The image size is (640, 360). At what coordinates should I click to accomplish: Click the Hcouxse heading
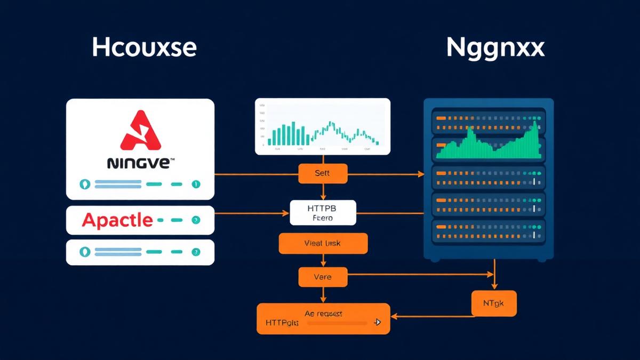click(144, 48)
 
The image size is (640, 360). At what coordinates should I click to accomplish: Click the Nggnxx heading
click(495, 48)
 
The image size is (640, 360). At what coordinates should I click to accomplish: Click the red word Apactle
click(117, 220)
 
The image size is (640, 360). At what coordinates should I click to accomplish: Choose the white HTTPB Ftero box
click(323, 212)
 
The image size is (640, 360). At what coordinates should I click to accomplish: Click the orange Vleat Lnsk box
click(323, 243)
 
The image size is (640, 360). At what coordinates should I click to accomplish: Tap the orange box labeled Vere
click(322, 277)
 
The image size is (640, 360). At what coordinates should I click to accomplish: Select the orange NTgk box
click(494, 303)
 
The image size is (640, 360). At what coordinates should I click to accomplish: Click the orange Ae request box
click(323, 318)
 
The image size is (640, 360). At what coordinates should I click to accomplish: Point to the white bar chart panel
click(322, 126)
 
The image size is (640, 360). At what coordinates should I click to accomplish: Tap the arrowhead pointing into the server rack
click(421, 174)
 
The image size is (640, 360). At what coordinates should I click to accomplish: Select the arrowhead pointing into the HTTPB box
click(286, 213)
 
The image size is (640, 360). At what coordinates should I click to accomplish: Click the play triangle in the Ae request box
click(377, 322)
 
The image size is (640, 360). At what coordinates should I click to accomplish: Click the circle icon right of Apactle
click(196, 220)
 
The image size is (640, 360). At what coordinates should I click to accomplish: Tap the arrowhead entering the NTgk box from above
click(494, 287)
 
